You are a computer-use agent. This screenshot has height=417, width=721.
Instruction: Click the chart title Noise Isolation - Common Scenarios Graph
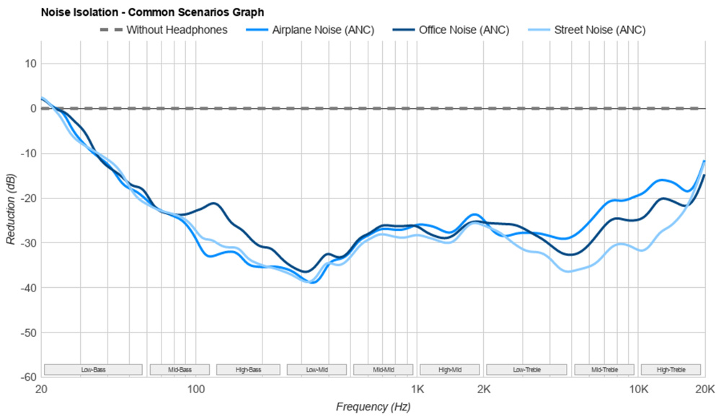[153, 12]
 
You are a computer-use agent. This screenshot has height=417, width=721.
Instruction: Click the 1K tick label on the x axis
[417, 390]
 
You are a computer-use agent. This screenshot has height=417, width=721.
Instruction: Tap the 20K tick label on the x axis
[704, 390]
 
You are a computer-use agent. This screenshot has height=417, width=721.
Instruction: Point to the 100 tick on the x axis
[196, 390]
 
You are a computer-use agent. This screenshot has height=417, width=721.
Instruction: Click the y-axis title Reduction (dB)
[11, 208]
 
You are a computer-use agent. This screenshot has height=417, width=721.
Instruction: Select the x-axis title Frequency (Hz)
[373, 407]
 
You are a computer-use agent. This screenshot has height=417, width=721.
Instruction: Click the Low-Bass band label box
[93, 370]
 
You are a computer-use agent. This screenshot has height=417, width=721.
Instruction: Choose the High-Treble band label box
[671, 370]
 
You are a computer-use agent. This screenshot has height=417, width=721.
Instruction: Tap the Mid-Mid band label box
[384, 370]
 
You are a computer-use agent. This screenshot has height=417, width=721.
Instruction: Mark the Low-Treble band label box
[527, 370]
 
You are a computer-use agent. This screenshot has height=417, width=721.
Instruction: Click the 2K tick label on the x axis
[484, 390]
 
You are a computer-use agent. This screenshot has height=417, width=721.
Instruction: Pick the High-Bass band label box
[248, 370]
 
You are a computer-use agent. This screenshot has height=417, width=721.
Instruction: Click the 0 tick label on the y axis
[33, 108]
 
